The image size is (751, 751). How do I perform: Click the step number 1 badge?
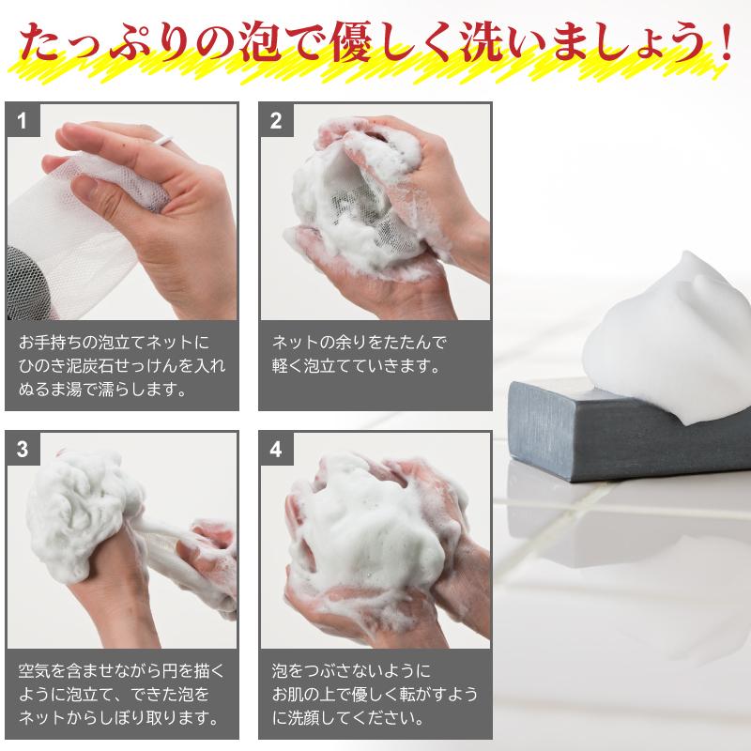23,119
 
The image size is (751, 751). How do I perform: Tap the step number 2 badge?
276,119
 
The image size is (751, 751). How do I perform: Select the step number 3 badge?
23,449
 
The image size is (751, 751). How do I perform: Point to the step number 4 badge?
276,449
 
